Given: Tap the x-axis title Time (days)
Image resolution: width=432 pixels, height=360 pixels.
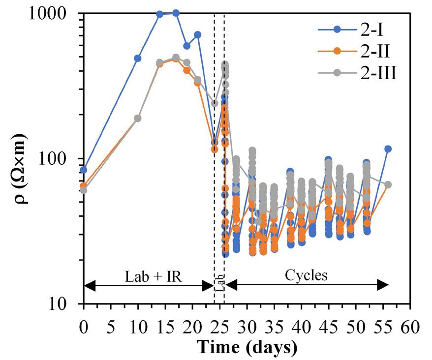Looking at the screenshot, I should click(247, 347).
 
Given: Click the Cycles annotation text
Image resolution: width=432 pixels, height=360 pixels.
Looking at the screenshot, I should click(306, 275).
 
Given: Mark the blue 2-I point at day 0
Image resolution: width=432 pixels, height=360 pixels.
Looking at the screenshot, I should click(84, 170).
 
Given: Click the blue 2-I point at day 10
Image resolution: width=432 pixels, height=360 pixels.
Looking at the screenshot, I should click(138, 58).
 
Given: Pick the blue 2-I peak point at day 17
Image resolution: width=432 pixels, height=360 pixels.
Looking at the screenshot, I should click(176, 13).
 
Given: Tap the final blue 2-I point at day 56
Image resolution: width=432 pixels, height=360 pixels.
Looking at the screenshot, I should click(388, 149).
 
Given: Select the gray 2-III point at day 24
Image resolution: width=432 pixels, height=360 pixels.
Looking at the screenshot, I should click(215, 103).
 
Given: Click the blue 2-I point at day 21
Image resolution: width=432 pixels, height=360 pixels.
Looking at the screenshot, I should click(198, 34).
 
